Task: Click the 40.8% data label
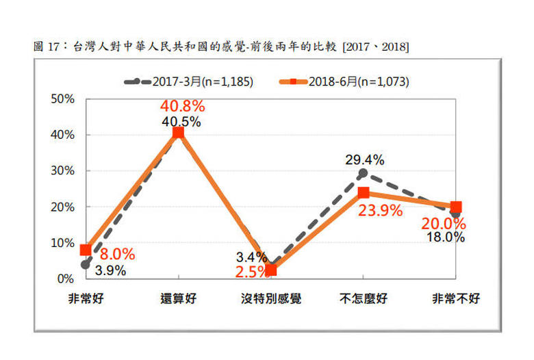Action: (182, 107)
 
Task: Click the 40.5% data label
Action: (181, 121)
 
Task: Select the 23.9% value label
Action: (379, 211)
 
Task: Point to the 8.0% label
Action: (117, 255)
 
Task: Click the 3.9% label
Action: (110, 270)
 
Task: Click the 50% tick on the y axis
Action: (63, 99)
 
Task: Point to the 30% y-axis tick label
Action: (63, 171)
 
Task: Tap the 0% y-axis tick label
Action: (66, 279)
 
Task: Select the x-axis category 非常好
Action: (86, 299)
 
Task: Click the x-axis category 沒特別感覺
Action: (271, 299)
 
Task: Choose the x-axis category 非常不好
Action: (456, 299)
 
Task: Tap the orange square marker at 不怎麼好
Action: (364, 192)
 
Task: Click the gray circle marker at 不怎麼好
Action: (363, 173)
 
